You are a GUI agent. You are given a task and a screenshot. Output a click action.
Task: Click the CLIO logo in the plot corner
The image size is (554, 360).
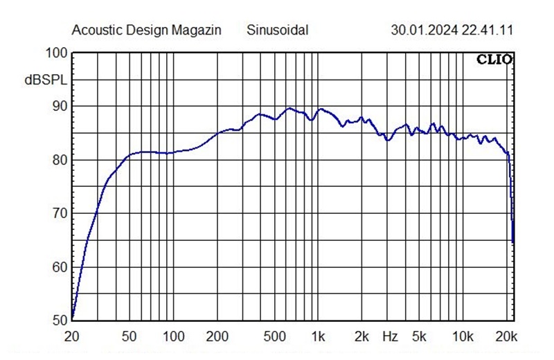tap(494, 60)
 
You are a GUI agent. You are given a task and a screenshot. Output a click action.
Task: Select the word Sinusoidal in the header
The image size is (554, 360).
tap(277, 30)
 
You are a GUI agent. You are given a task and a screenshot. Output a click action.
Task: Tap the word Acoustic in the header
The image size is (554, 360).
tap(93, 30)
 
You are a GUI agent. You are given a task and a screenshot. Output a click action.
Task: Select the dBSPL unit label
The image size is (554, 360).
tap(46, 81)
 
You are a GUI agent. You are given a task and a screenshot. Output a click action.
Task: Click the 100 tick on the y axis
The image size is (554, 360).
tap(56, 53)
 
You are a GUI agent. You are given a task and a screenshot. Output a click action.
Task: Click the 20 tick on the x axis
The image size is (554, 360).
tap(72, 337)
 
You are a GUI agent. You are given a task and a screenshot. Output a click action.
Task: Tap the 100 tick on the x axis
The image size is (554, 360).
tap(173, 337)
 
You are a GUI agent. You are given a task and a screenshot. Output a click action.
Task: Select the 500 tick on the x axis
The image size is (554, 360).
tap(275, 337)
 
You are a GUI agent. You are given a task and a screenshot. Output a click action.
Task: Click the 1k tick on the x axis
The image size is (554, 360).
tap(318, 337)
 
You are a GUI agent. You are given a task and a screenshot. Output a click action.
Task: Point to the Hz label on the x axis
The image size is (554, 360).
tap(390, 337)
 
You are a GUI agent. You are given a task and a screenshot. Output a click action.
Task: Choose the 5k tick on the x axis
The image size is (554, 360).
tap(419, 337)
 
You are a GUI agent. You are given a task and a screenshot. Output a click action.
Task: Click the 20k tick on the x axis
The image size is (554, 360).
tap(507, 337)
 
